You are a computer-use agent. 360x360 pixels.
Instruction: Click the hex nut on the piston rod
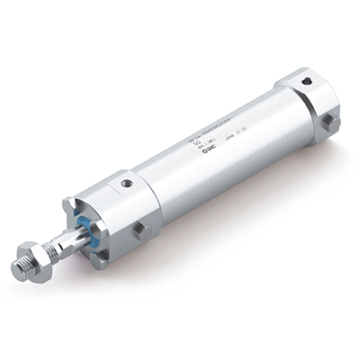pyautogui.click(x=36, y=254)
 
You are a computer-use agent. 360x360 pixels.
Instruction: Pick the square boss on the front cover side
pyautogui.click(x=139, y=230)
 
